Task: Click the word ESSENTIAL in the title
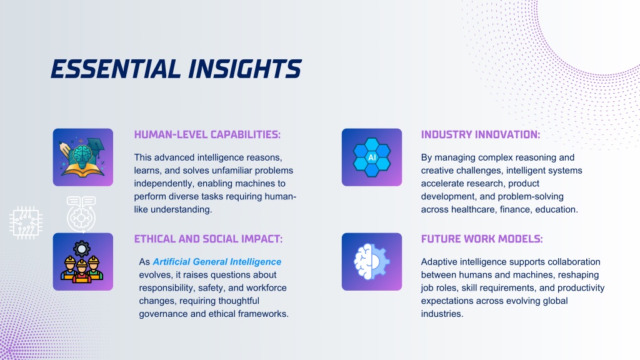tap(116, 69)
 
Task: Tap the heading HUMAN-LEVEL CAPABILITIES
tap(207, 135)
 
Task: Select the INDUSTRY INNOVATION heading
tap(481, 135)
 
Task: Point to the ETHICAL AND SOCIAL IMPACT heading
tap(208, 239)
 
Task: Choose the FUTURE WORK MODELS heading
tap(482, 239)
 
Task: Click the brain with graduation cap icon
tap(83, 157)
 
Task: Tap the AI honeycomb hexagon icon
tap(372, 157)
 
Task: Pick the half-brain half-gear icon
tap(372, 262)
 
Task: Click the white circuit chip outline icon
tap(26, 222)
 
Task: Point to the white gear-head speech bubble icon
tap(81, 214)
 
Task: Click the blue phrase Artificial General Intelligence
tap(217, 262)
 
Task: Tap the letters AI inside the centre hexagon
tap(372, 157)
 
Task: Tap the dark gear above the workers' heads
tap(82, 249)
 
